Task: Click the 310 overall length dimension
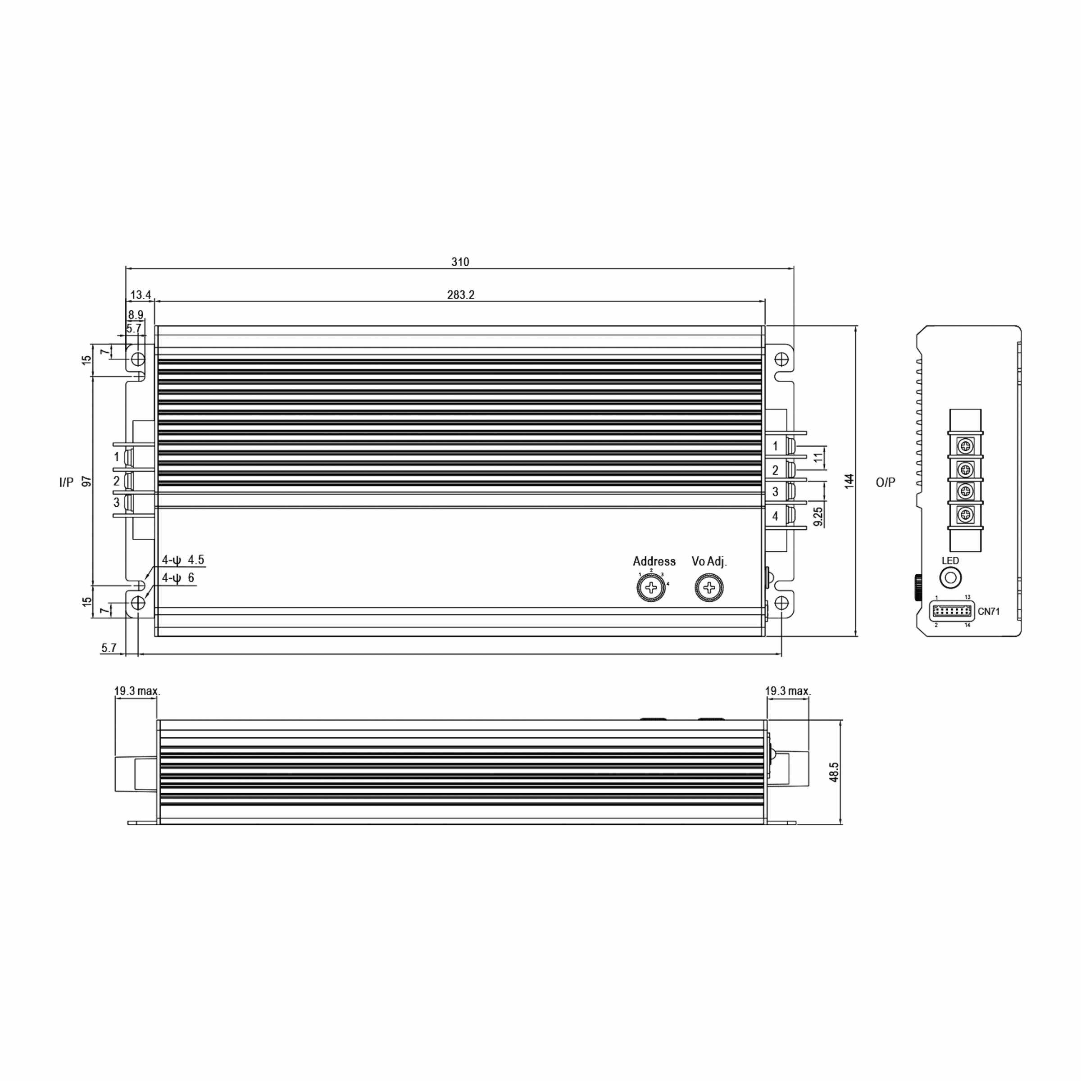(x=460, y=262)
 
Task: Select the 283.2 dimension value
(x=460, y=295)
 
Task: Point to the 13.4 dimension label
(x=141, y=295)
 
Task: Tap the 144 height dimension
(x=849, y=481)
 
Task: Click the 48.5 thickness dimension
(x=834, y=772)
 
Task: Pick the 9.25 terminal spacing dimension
(x=818, y=516)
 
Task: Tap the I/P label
(x=66, y=482)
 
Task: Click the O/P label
(x=885, y=482)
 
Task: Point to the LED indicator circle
(x=950, y=577)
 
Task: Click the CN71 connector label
(x=989, y=612)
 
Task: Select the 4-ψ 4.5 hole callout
(x=183, y=560)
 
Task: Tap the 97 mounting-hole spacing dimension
(x=87, y=481)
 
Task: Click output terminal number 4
(x=775, y=516)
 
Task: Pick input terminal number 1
(x=116, y=457)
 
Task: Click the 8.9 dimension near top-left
(x=136, y=315)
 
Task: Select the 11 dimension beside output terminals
(x=818, y=458)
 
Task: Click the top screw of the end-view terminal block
(x=966, y=446)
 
